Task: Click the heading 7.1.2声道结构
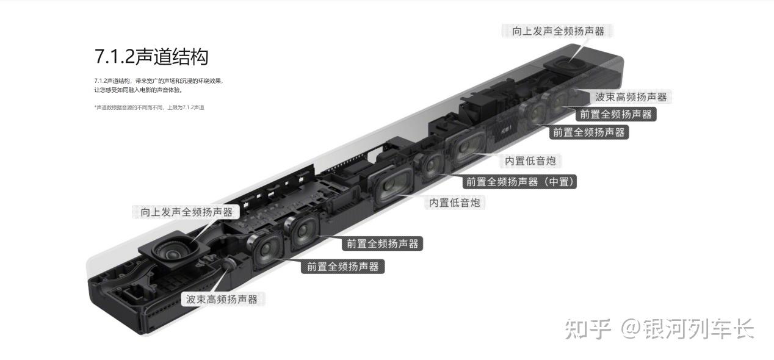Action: click(x=151, y=56)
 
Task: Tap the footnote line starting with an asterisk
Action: click(x=149, y=107)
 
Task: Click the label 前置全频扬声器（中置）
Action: click(x=521, y=182)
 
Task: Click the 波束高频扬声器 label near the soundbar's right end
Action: click(x=631, y=97)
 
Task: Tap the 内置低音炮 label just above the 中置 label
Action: click(x=530, y=161)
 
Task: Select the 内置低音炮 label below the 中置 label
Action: click(x=454, y=203)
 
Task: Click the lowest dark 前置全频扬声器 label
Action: click(x=342, y=267)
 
